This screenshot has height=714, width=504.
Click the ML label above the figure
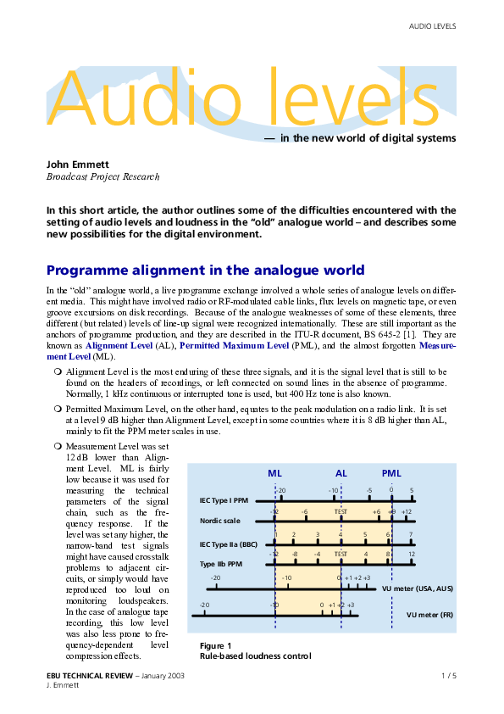click(x=275, y=473)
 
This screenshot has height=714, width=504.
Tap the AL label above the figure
click(x=341, y=473)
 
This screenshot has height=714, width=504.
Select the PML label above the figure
click(x=391, y=473)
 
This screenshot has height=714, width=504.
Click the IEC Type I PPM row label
click(x=224, y=501)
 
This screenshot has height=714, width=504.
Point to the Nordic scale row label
click(x=219, y=520)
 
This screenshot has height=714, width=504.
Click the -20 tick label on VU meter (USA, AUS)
click(x=215, y=577)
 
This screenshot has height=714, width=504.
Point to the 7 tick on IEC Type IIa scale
click(x=411, y=534)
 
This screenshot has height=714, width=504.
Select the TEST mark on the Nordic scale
click(x=341, y=512)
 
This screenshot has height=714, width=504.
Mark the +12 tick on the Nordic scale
click(x=407, y=512)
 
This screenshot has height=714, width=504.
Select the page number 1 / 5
click(x=449, y=675)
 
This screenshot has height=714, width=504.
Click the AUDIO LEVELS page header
click(x=432, y=26)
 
